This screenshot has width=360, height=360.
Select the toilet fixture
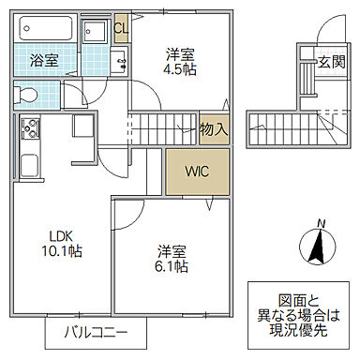(28, 95)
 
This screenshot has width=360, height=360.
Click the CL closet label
(120, 27)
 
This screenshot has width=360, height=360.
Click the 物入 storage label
(214, 127)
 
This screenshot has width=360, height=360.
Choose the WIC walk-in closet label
(197, 172)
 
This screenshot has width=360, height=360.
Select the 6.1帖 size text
(172, 266)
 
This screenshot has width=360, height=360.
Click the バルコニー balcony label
(98, 332)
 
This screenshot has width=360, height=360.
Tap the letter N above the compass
(320, 223)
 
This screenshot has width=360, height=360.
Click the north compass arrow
(319, 247)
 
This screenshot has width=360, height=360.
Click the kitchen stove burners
(28, 128)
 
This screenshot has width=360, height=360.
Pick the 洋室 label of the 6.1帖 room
(172, 250)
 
